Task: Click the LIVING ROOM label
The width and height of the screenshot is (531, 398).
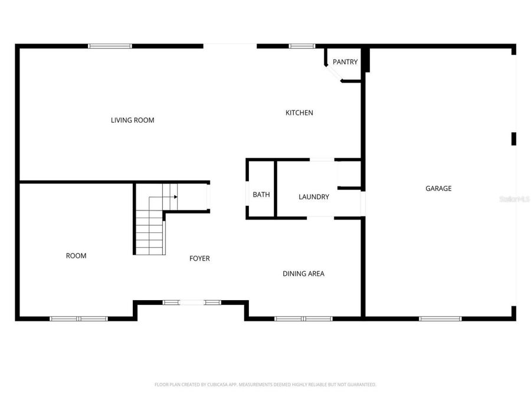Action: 132,120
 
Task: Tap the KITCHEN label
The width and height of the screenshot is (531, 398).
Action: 299,113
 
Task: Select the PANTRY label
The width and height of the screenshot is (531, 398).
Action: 345,62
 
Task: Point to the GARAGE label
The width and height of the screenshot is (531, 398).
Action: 438,189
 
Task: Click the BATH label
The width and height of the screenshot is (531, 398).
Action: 261,195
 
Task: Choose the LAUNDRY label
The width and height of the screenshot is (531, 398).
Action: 313,197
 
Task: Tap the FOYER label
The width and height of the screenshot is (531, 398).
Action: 199,258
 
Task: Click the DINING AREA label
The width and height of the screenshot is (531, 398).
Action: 303,274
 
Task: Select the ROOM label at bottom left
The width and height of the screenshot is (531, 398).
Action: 76,256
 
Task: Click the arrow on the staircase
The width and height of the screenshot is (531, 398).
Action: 175,197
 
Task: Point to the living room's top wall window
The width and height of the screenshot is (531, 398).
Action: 110,45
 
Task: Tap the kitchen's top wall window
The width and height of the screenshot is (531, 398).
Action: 301,45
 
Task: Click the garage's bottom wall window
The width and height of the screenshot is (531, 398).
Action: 440,318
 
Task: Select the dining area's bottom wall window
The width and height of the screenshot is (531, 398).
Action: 303,318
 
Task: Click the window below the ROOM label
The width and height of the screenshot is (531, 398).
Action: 78,318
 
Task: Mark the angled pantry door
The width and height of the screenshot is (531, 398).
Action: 333,74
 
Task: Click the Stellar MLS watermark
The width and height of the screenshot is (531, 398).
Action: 514,200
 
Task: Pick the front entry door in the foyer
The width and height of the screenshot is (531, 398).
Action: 192,302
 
